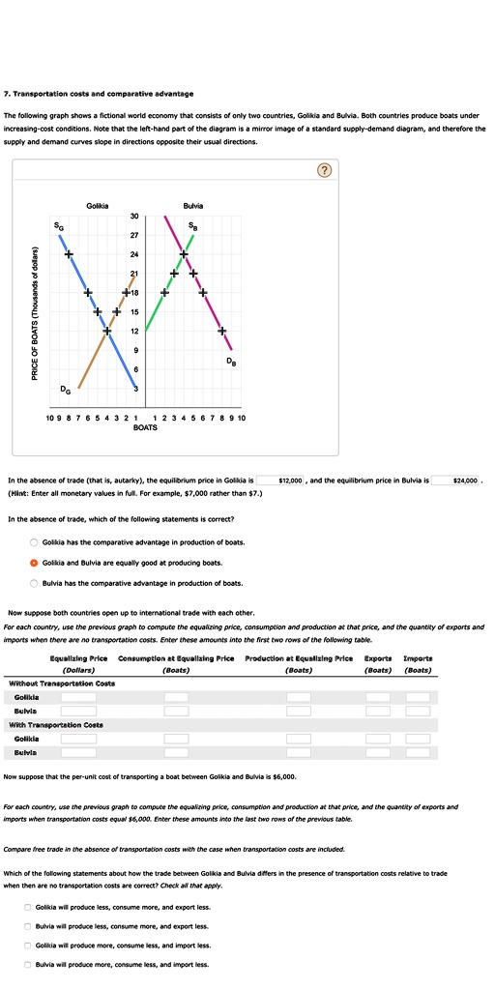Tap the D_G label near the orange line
pyautogui.click(x=64, y=390)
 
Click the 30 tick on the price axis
pyautogui.click(x=135, y=216)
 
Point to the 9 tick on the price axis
pyautogui.click(x=135, y=351)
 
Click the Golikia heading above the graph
pyautogui.click(x=97, y=206)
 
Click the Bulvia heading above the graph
pyautogui.click(x=191, y=206)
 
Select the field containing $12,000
pyautogui.click(x=290, y=480)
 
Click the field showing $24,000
pyautogui.click(x=469, y=480)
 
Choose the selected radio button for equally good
pyautogui.click(x=35, y=563)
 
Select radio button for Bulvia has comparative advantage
pyautogui.click(x=35, y=583)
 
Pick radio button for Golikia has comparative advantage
pyautogui.click(x=35, y=542)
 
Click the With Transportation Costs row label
pyautogui.click(x=56, y=724)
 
